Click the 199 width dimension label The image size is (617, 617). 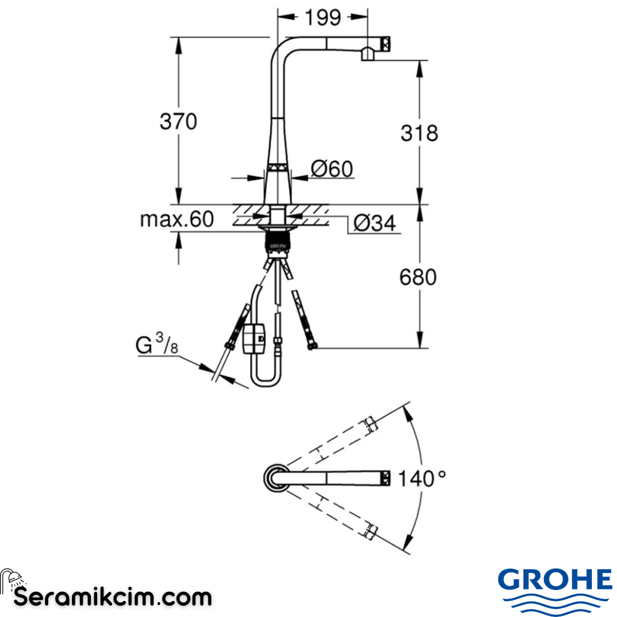[x=322, y=18]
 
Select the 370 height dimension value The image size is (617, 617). [x=178, y=122]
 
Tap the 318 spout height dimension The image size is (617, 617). [x=419, y=133]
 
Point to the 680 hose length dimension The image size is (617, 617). [x=418, y=277]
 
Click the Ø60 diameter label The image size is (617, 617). [x=332, y=169]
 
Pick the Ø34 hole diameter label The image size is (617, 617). [x=374, y=223]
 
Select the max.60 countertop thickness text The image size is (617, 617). [x=177, y=219]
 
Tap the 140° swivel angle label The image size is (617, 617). [x=422, y=478]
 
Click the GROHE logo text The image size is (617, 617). [x=555, y=580]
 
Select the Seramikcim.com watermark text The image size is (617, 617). [x=113, y=598]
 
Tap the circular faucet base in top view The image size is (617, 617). [x=276, y=478]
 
